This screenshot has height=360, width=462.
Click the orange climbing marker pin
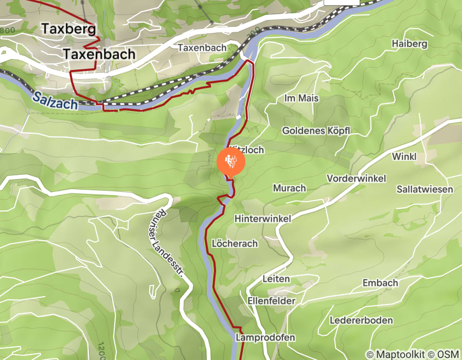(231, 161)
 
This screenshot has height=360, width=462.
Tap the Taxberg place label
(69, 29)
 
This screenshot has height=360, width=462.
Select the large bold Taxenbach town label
(99, 54)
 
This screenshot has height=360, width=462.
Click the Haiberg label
(410, 44)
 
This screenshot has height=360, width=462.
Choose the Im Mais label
(301, 98)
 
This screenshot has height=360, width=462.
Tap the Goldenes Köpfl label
(316, 131)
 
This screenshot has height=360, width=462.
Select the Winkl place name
(404, 156)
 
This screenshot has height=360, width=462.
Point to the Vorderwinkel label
(357, 178)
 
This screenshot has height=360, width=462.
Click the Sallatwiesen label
(424, 189)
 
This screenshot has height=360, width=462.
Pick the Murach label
(290, 188)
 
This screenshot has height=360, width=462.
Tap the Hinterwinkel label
(262, 219)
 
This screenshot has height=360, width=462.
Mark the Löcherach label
(235, 243)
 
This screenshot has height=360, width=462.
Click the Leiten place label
(276, 279)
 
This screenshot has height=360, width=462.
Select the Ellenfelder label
(271, 300)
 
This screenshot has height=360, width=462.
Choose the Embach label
(380, 283)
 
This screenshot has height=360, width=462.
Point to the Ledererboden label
(361, 320)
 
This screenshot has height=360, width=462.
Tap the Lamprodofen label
(265, 337)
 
